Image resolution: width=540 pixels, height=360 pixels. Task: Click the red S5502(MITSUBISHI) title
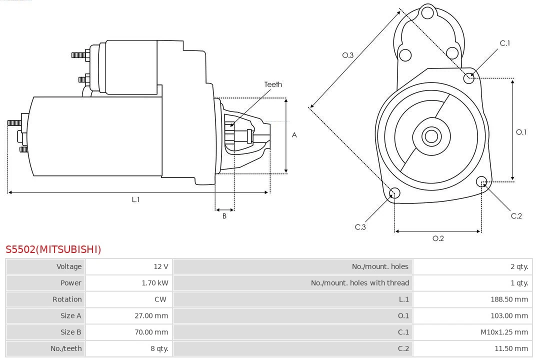tap(53, 249)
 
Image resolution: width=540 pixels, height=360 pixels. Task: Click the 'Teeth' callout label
tap(273, 84)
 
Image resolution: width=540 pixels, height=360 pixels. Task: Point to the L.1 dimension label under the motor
tap(135, 199)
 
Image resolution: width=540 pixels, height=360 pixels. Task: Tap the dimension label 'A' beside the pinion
tap(294, 135)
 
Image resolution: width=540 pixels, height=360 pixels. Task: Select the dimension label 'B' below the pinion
tap(224, 216)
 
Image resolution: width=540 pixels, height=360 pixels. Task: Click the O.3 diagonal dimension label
tap(348, 55)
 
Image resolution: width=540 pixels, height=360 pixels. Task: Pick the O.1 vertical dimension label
tap(521, 132)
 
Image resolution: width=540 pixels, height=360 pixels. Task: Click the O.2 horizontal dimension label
tap(438, 238)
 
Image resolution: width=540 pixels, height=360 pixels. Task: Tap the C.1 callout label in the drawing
tap(505, 43)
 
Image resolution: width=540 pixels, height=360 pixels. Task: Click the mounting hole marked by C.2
tap(481, 181)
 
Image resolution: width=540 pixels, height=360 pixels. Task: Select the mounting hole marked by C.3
tap(394, 193)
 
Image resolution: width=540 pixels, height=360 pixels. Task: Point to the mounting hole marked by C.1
tap(469, 77)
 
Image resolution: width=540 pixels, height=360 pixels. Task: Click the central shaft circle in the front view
tap(430, 136)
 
